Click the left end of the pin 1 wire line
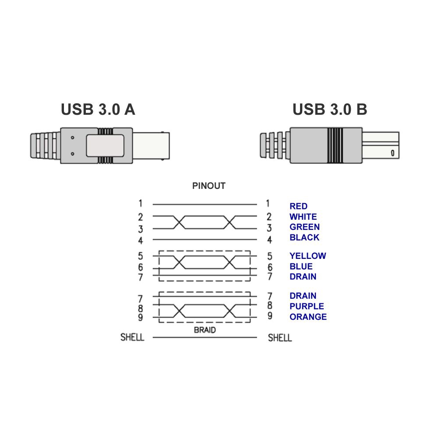[x=153, y=205]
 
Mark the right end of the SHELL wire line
[x=257, y=337]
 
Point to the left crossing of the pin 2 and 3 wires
[x=179, y=223]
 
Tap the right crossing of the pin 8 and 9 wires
[x=230, y=311]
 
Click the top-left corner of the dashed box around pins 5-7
[x=159, y=251]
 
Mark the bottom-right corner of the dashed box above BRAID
[x=250, y=323]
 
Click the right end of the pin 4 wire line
[x=257, y=240]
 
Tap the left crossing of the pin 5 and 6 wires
[x=179, y=262]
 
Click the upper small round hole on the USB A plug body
[x=73, y=138]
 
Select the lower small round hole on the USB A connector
[x=73, y=154]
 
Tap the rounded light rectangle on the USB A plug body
[x=105, y=145]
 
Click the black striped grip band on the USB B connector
[x=335, y=145]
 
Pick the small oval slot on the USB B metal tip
[x=392, y=153]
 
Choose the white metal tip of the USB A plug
[x=151, y=146]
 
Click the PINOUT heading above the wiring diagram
[x=208, y=186]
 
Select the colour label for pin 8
[x=307, y=306]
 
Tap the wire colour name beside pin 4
[x=304, y=237]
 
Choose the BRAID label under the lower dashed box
[x=205, y=330]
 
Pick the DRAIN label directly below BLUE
[x=303, y=276]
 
